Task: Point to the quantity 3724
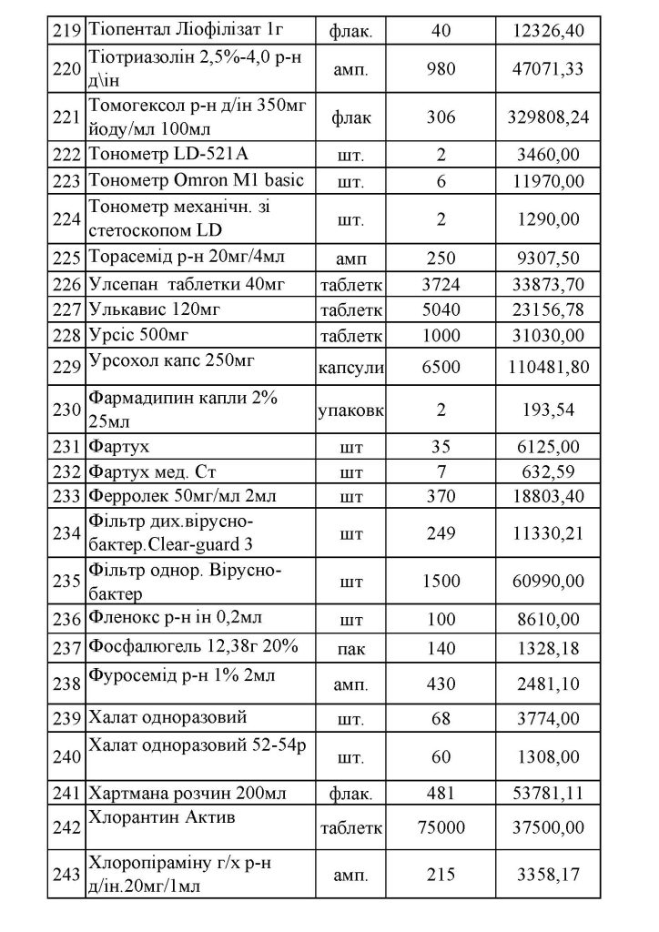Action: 441,285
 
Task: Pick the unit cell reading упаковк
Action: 350,410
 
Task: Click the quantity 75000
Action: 441,827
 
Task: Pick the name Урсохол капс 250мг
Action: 171,360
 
